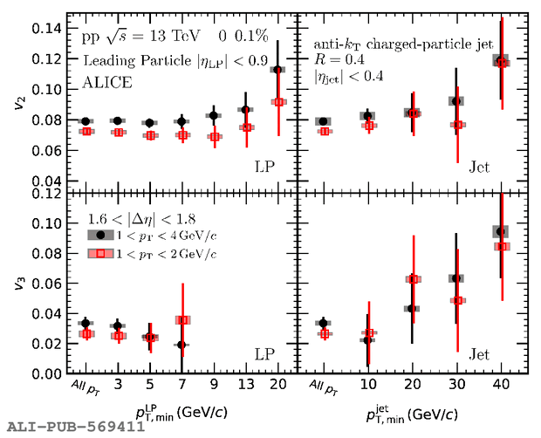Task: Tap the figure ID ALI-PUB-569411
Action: (x=75, y=427)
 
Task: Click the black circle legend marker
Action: (x=101, y=235)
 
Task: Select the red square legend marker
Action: (x=101, y=254)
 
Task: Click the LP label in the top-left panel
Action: (x=265, y=167)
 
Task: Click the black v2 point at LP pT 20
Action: (x=277, y=70)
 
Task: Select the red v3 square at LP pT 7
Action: (x=181, y=320)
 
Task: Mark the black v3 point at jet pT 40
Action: (x=500, y=231)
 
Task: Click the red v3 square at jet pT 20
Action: (x=414, y=279)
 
